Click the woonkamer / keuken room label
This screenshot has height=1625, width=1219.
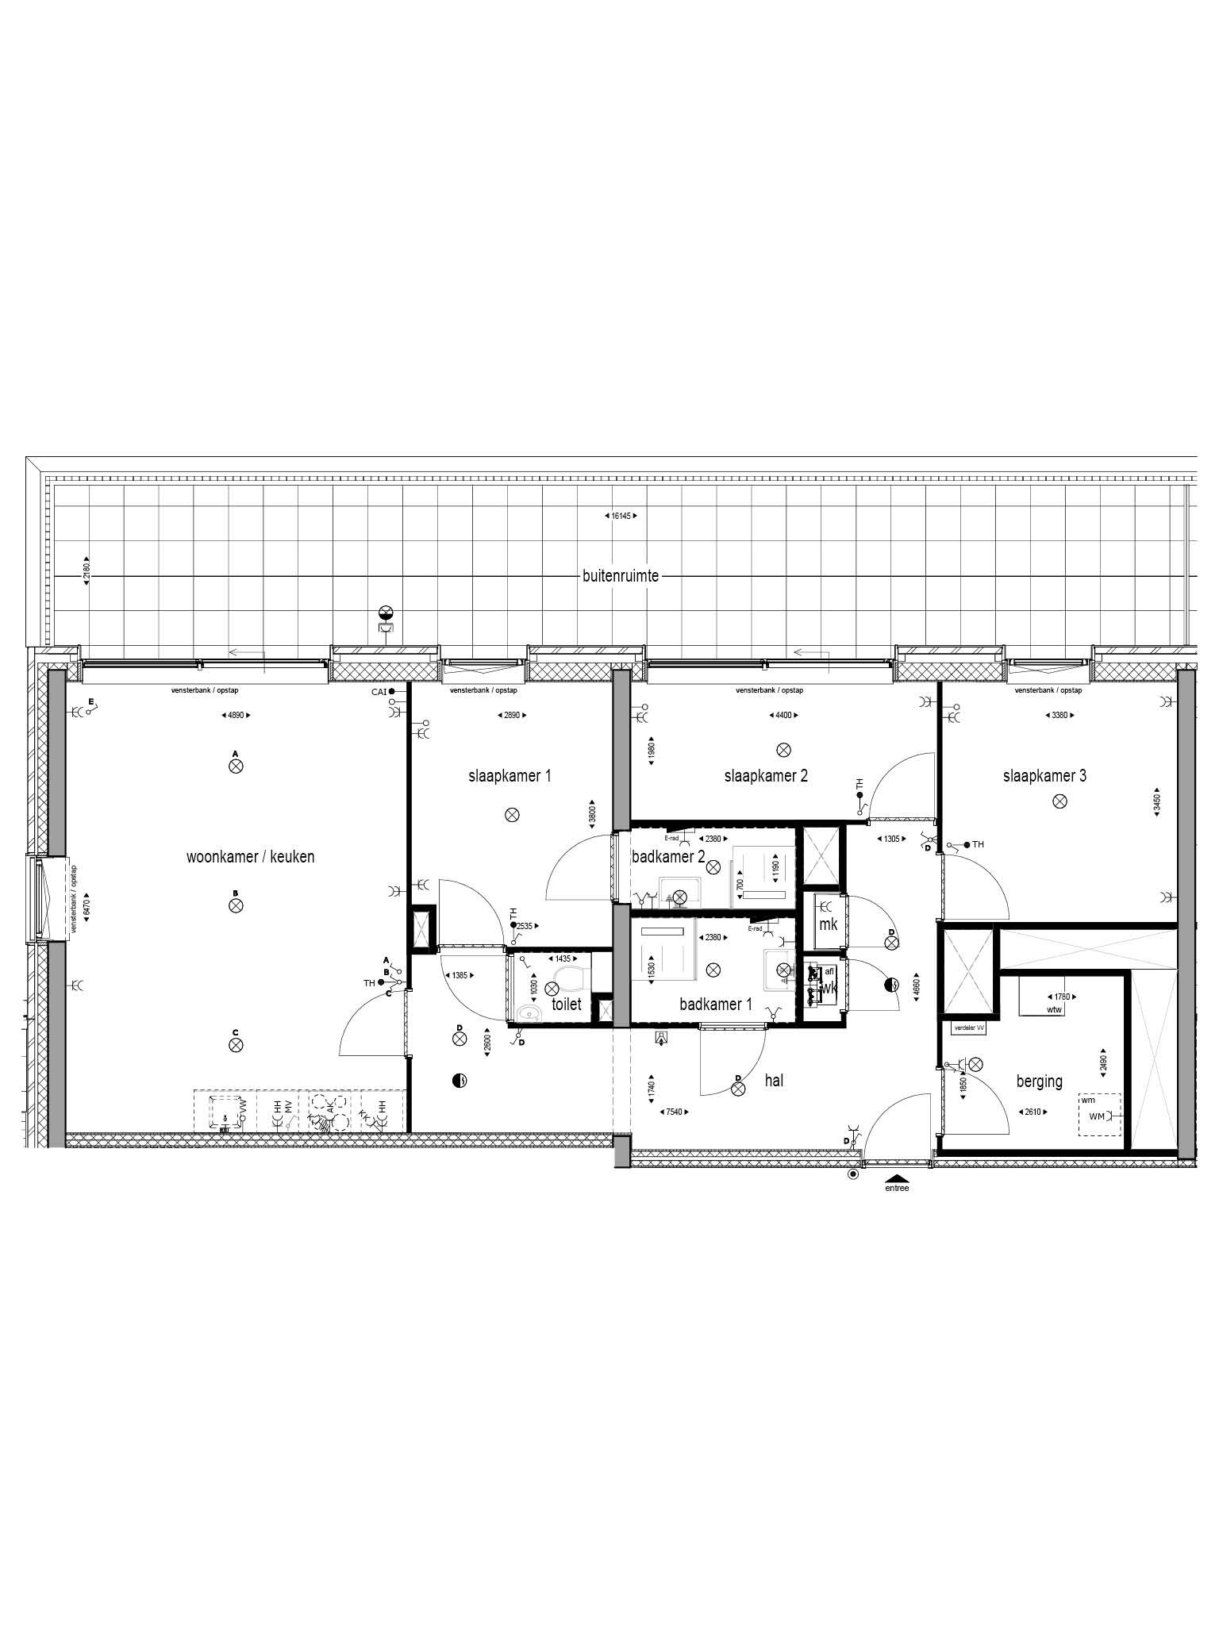tap(250, 857)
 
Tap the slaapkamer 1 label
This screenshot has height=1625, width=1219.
tap(510, 776)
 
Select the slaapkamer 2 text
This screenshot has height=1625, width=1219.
tap(766, 776)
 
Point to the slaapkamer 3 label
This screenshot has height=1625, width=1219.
tap(1044, 776)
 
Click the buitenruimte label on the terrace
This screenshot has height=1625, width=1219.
tap(621, 577)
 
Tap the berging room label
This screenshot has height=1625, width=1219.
tap(1039, 1081)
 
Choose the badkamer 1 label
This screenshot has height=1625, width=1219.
tap(716, 1005)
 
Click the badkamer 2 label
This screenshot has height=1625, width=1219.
tap(668, 857)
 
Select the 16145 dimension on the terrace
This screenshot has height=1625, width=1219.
tap(621, 516)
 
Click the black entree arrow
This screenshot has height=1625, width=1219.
tap(897, 1178)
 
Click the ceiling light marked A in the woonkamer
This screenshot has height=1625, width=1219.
tap(236, 766)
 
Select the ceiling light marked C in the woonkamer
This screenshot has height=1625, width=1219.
tap(236, 1045)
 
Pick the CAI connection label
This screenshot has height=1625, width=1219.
tap(379, 692)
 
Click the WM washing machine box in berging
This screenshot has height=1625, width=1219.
tap(1099, 1116)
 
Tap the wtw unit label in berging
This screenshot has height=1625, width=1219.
tap(1054, 1010)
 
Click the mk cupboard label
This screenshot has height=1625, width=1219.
tap(828, 925)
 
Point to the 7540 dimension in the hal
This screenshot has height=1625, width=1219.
tap(675, 1112)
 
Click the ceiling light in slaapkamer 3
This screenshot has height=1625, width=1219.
tap(1059, 802)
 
